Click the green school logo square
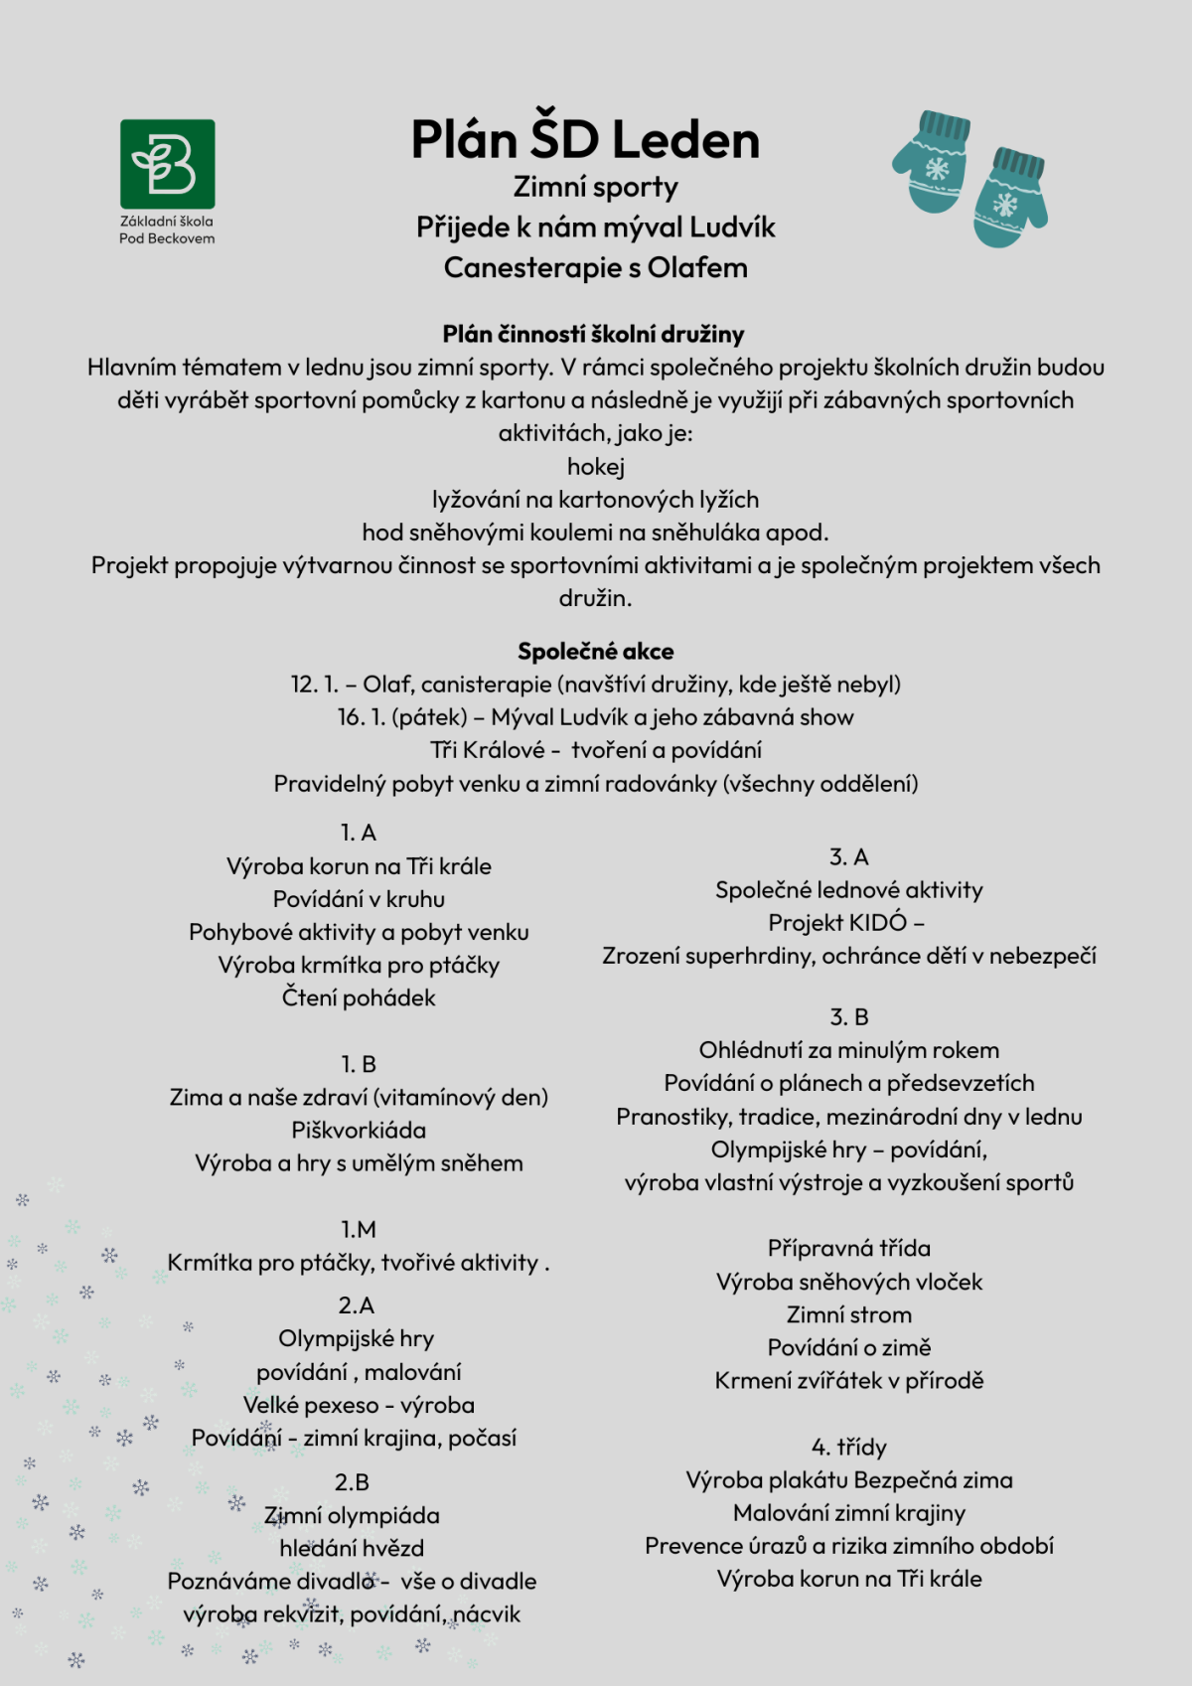[x=167, y=164]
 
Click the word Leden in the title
[x=685, y=140]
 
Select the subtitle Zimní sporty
[x=595, y=187]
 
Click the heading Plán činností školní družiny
[x=594, y=335]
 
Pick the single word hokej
[x=595, y=467]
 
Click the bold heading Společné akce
[x=595, y=652]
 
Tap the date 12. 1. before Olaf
[x=314, y=685]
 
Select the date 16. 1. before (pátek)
[x=361, y=717]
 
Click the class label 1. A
[x=358, y=833]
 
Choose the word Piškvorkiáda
[x=359, y=1131]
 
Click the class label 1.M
[x=358, y=1230]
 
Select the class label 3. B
[x=848, y=1017]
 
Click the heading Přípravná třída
[x=848, y=1249]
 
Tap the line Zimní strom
[x=848, y=1315]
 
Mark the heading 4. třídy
[x=848, y=1448]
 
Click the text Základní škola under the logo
[x=167, y=222]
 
